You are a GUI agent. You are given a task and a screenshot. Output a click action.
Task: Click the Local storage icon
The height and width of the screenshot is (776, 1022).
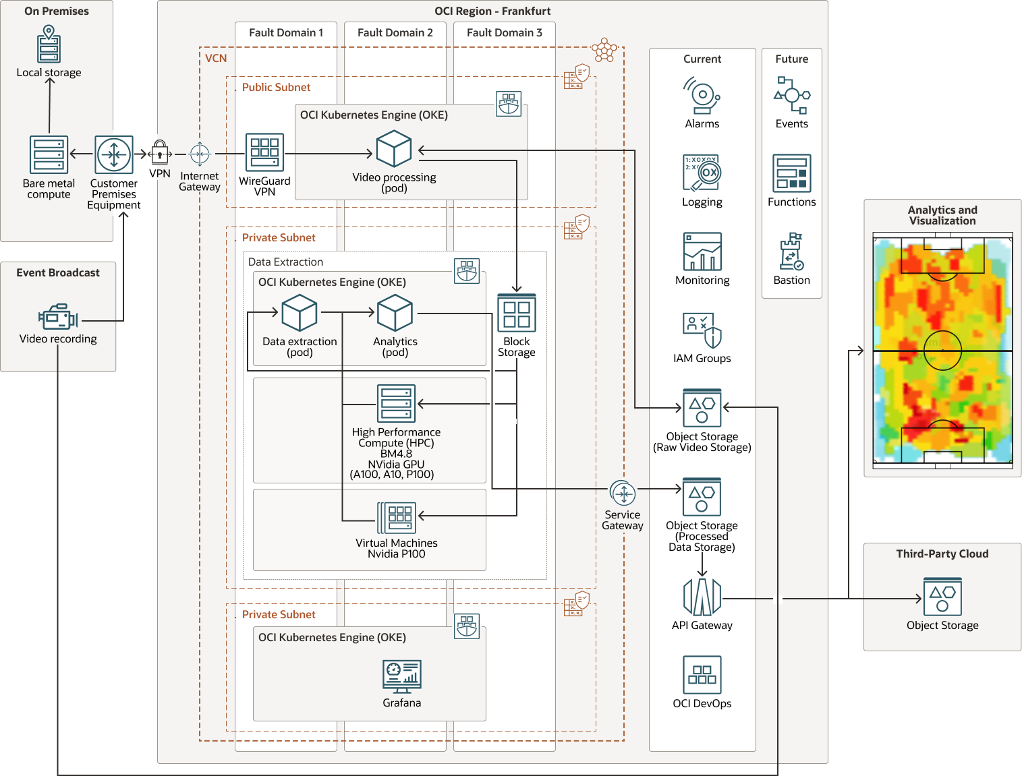tap(49, 44)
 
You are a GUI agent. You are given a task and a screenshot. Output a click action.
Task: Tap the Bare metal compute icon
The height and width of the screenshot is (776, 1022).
tap(49, 154)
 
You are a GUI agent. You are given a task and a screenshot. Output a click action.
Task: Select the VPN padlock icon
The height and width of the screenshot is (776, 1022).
tap(160, 152)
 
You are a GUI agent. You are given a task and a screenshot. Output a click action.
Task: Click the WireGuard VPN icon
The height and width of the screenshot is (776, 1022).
tap(264, 152)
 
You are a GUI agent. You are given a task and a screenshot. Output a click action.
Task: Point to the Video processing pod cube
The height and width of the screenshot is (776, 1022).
tap(394, 148)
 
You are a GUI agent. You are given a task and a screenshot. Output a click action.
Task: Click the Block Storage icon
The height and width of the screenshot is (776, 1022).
tap(517, 313)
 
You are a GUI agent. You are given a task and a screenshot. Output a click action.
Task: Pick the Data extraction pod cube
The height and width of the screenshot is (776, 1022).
tap(300, 313)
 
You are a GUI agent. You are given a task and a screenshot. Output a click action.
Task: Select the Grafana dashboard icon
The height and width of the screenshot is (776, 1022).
tap(401, 676)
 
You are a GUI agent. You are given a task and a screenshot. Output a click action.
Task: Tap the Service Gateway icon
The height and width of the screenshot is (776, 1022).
tap(622, 494)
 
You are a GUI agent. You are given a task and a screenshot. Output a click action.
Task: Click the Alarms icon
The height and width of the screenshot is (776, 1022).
tap(702, 96)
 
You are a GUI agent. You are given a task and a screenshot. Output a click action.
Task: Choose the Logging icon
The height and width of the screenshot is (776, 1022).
tap(702, 173)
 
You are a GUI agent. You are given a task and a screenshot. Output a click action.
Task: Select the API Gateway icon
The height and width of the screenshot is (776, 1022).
tap(702, 597)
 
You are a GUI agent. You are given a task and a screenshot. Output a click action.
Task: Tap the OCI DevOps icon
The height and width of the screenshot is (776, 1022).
tap(702, 675)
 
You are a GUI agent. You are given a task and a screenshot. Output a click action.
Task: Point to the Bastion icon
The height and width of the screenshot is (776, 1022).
tap(792, 251)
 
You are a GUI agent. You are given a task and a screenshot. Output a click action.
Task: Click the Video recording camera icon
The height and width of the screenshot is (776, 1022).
tap(58, 317)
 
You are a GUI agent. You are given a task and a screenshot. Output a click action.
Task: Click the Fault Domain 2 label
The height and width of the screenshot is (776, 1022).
tap(395, 32)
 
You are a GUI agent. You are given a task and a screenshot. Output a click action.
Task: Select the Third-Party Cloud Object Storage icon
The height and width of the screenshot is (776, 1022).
tap(942, 596)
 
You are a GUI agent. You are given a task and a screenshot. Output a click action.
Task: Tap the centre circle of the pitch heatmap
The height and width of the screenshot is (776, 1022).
tap(942, 351)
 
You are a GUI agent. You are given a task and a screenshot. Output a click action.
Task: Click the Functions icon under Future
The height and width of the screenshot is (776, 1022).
tap(792, 173)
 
